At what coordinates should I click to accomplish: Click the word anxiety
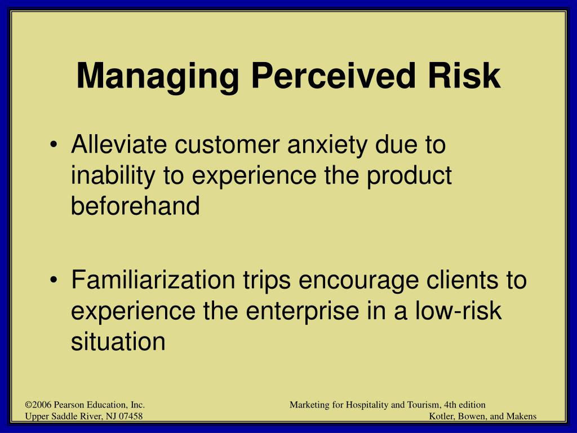point(327,146)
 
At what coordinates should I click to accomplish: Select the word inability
point(113,176)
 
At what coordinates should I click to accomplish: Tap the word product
point(409,176)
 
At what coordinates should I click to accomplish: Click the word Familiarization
point(153,280)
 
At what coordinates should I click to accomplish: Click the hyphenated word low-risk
point(458,311)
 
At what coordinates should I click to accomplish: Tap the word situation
point(118,341)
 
